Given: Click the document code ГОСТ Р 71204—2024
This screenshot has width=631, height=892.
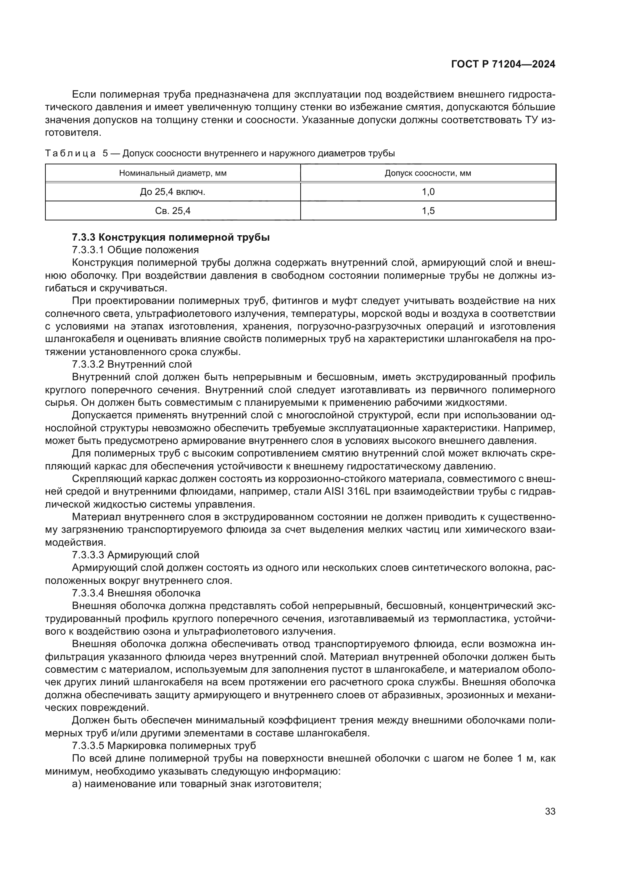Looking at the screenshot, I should (x=503, y=64).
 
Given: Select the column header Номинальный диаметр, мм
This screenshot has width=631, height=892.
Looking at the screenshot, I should (x=173, y=173).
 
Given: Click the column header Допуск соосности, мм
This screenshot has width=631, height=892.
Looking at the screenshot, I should (x=428, y=173).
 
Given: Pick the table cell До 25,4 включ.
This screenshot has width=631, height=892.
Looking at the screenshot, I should (x=173, y=192).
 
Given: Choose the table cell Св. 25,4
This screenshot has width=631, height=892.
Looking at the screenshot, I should (x=173, y=211).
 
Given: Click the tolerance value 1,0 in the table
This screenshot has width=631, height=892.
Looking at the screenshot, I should (x=428, y=192).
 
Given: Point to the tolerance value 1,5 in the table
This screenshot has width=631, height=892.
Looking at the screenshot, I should (x=428, y=211).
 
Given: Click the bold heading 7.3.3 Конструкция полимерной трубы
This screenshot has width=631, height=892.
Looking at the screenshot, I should (x=171, y=237).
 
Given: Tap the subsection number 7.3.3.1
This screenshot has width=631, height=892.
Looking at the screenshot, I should (x=88, y=250).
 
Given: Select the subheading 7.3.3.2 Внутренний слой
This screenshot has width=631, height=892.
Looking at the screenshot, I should (x=132, y=365).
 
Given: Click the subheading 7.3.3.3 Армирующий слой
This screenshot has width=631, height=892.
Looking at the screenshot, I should (x=135, y=555).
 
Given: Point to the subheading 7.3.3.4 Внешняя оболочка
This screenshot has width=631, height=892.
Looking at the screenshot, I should (x=136, y=593).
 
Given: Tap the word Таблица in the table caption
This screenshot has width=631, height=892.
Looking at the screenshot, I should (x=70, y=154).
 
